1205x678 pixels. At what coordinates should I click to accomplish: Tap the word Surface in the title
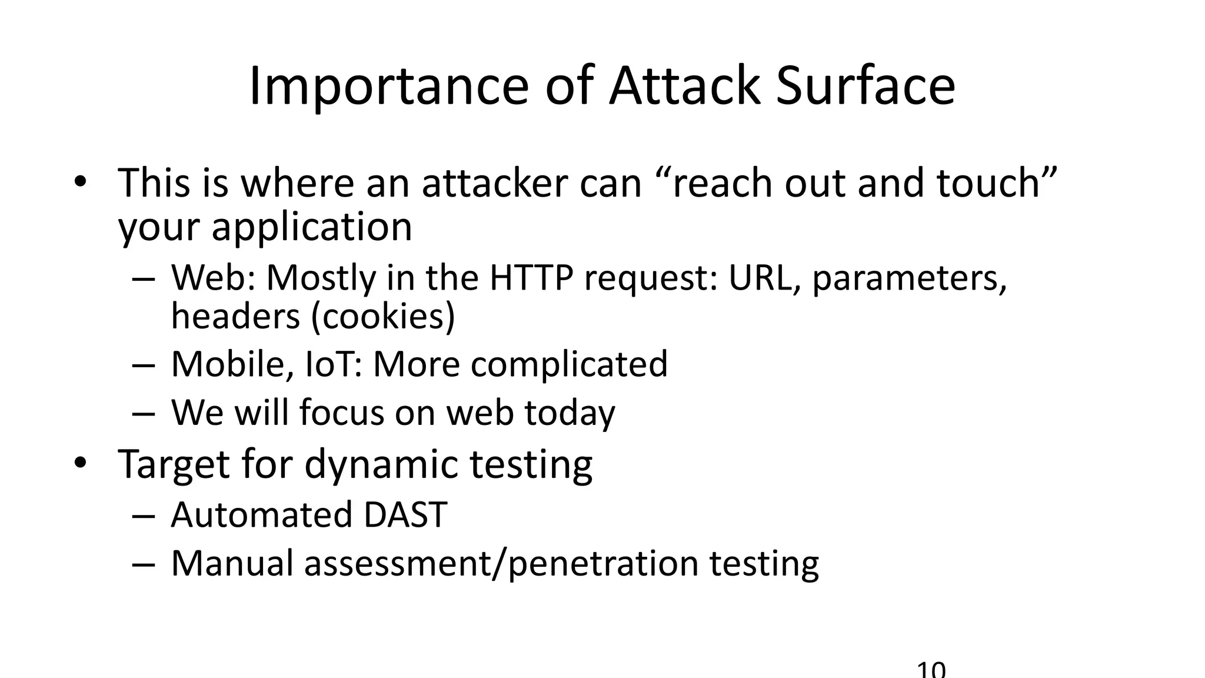[865, 87]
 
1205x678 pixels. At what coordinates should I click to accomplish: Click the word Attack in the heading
[684, 87]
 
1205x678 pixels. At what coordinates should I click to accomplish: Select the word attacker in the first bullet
[495, 183]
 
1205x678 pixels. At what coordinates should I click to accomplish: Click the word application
[312, 227]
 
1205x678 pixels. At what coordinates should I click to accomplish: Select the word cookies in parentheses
[382, 317]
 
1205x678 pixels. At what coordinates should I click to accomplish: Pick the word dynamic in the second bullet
[381, 464]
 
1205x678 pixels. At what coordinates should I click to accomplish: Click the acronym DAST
[405, 515]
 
